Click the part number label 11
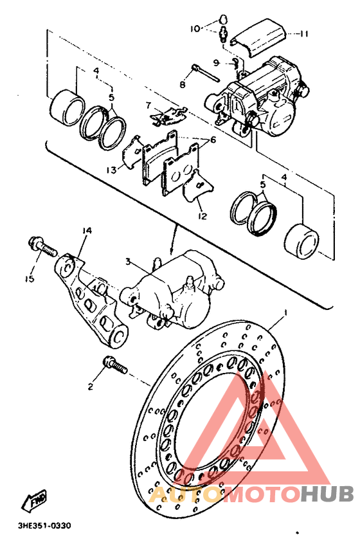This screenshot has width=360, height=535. click(303, 34)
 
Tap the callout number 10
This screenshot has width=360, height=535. click(195, 29)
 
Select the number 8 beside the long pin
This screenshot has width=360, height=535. click(183, 84)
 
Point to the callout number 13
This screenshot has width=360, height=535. click(111, 170)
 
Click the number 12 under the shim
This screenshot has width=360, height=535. click(203, 216)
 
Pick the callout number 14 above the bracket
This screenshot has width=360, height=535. click(87, 231)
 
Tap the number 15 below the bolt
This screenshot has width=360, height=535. click(30, 279)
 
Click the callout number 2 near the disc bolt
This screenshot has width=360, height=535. click(91, 386)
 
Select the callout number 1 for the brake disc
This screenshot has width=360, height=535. click(285, 313)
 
